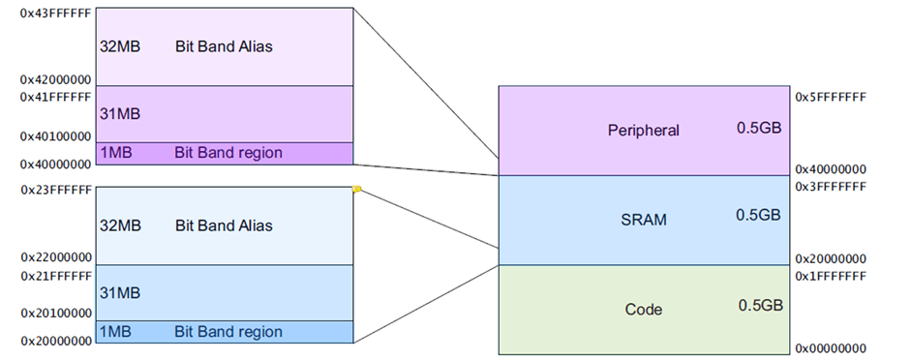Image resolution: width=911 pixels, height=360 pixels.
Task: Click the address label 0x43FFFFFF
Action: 55,15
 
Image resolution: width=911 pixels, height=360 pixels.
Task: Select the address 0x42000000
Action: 55,80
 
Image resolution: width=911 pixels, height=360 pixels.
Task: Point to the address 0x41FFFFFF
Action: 55,97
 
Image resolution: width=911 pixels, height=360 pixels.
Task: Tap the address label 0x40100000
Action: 55,136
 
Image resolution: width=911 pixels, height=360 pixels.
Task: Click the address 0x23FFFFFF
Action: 55,191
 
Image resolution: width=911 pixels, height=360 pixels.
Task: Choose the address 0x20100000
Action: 55,313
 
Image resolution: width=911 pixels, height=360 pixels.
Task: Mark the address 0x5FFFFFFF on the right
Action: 830,98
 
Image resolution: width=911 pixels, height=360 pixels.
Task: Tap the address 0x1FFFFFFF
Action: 830,276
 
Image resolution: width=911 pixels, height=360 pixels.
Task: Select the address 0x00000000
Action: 830,347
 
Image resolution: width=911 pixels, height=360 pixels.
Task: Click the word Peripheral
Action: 644,130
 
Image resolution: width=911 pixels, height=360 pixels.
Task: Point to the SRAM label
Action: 644,220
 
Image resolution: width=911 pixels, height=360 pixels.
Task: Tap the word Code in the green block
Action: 644,310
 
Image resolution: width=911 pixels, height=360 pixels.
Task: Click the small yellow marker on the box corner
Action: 356,190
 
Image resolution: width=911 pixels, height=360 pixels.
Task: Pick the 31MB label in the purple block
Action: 120,114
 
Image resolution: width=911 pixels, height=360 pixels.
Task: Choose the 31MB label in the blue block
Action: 120,291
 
